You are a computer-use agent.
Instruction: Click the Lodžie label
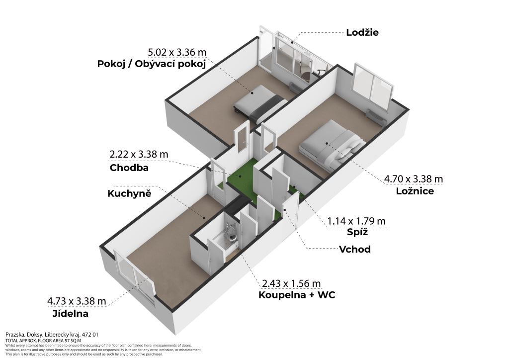362,32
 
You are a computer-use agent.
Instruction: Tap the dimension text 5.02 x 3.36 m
177,52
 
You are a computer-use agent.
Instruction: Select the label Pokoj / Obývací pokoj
152,64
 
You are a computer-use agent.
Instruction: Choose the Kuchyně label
129,193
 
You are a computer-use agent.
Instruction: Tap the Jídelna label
70,314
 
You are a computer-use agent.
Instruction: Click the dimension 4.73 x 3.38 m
77,301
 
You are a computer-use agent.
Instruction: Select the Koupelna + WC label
297,295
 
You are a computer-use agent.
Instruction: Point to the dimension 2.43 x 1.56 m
291,283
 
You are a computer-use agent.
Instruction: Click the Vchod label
354,249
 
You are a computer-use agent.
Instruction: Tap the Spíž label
357,232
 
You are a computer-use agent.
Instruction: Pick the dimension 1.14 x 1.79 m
356,221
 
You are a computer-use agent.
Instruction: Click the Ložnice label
415,190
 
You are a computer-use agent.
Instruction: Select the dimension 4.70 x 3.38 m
413,179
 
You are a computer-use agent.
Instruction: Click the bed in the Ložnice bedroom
331,145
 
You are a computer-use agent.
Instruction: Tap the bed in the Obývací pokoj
259,103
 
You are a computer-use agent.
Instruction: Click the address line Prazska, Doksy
52,334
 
